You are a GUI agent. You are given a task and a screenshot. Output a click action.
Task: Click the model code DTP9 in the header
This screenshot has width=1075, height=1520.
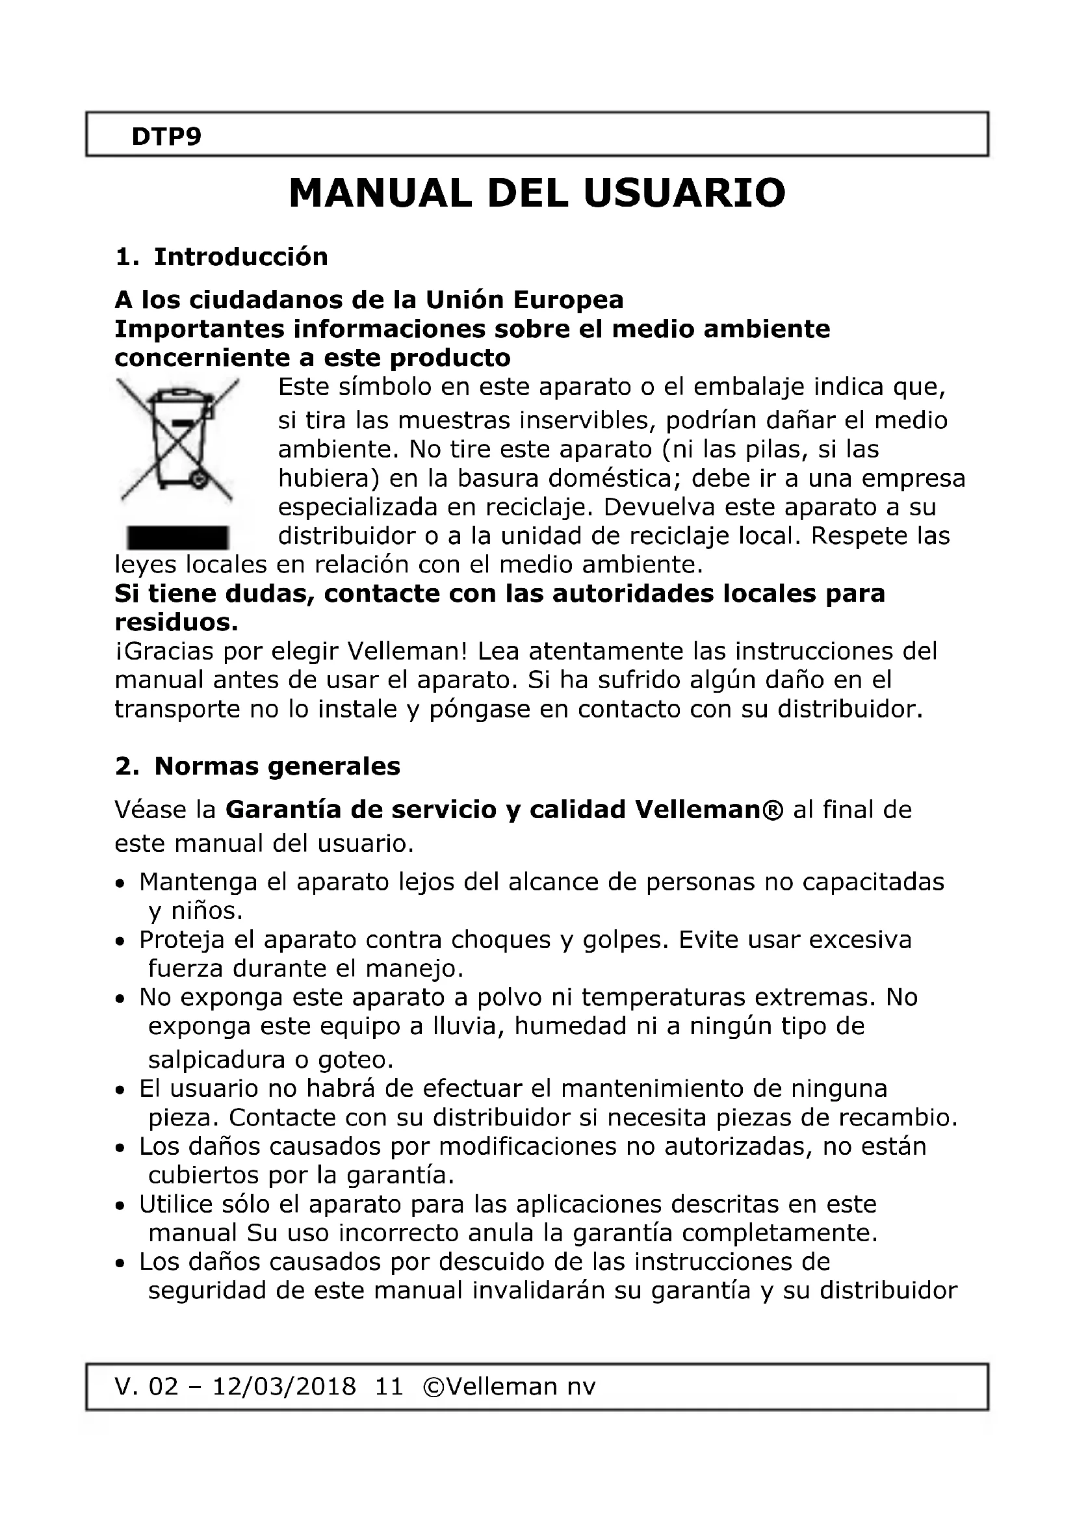[x=166, y=136]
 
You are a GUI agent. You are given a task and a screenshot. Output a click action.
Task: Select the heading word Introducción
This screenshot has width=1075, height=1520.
[x=241, y=257]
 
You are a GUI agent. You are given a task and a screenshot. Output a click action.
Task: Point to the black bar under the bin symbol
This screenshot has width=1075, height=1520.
[x=177, y=537]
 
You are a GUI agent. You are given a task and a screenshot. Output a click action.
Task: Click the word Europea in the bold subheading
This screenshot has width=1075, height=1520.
[x=569, y=300]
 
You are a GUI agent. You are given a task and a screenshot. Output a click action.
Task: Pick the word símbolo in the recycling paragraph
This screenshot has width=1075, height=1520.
[x=385, y=387]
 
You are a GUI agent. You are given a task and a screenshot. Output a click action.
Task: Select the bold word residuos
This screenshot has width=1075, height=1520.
[x=176, y=623]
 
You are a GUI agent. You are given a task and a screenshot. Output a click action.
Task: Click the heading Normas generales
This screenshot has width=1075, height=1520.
[x=277, y=766]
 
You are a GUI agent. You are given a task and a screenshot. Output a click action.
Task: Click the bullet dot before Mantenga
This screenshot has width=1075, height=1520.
[x=120, y=884]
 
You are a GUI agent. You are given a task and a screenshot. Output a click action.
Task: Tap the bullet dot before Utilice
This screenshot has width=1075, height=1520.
[x=120, y=1206]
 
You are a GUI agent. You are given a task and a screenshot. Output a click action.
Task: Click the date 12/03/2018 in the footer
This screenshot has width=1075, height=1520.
[x=283, y=1386]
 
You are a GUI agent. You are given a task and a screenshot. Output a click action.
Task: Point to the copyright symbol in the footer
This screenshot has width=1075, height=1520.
[x=434, y=1386]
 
